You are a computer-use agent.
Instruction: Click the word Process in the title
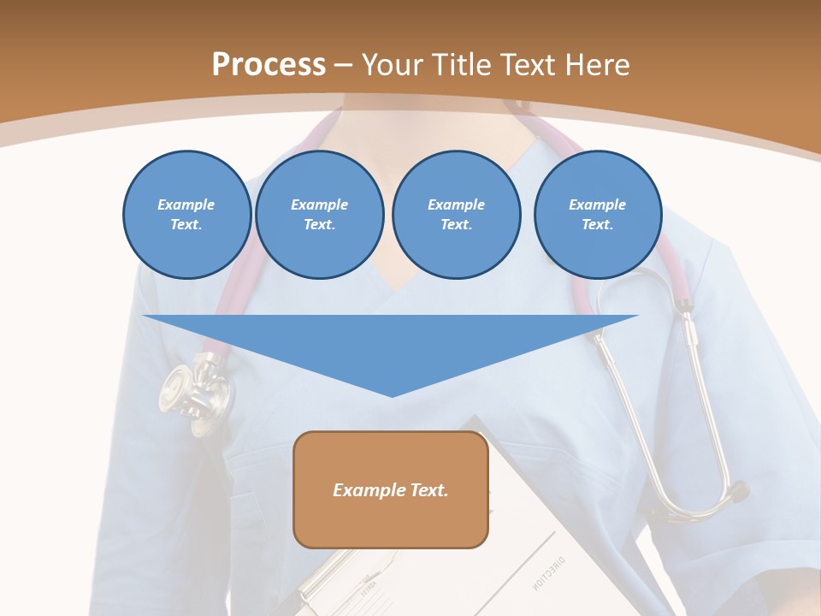point(269,65)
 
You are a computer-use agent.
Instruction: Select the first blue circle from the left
point(186,215)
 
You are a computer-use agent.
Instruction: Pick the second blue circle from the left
point(319,215)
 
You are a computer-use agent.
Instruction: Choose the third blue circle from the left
point(456,215)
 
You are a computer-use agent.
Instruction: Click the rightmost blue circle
point(597,215)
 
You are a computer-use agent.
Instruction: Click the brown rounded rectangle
point(391,522)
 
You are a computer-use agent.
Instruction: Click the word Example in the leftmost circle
point(186,204)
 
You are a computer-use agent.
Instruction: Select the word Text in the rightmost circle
point(597,225)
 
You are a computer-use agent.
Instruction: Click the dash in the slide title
point(344,65)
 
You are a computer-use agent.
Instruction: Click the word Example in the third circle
point(456,204)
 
